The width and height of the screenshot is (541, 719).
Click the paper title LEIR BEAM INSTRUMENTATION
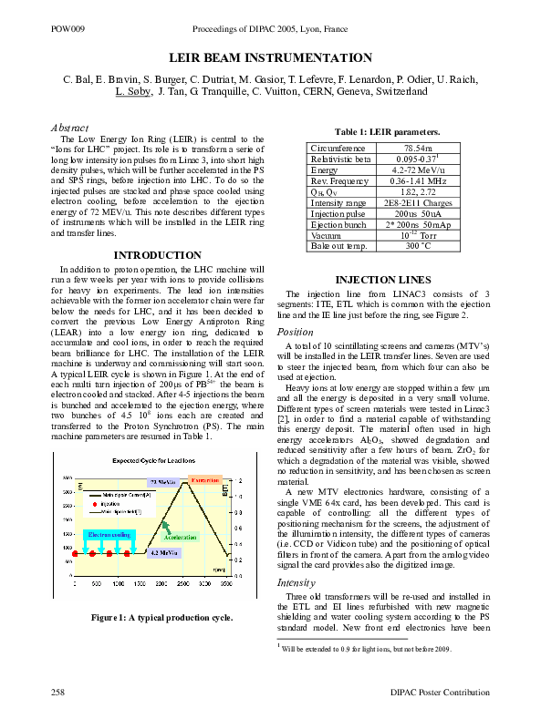point(270,57)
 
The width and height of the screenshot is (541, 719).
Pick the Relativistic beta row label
point(341,159)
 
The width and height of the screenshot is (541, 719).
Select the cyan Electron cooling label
point(109,534)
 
